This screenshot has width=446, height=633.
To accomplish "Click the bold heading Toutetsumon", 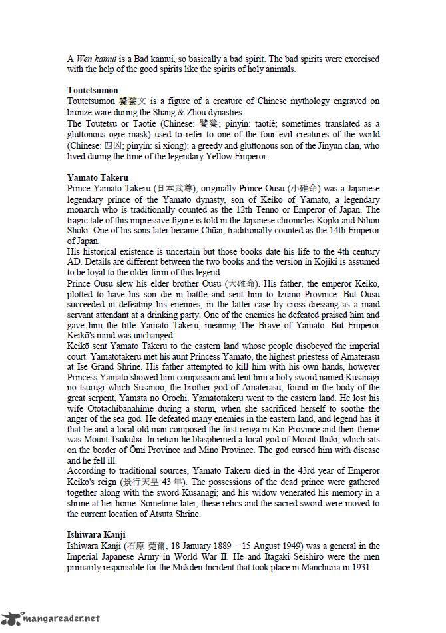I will (93, 90).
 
